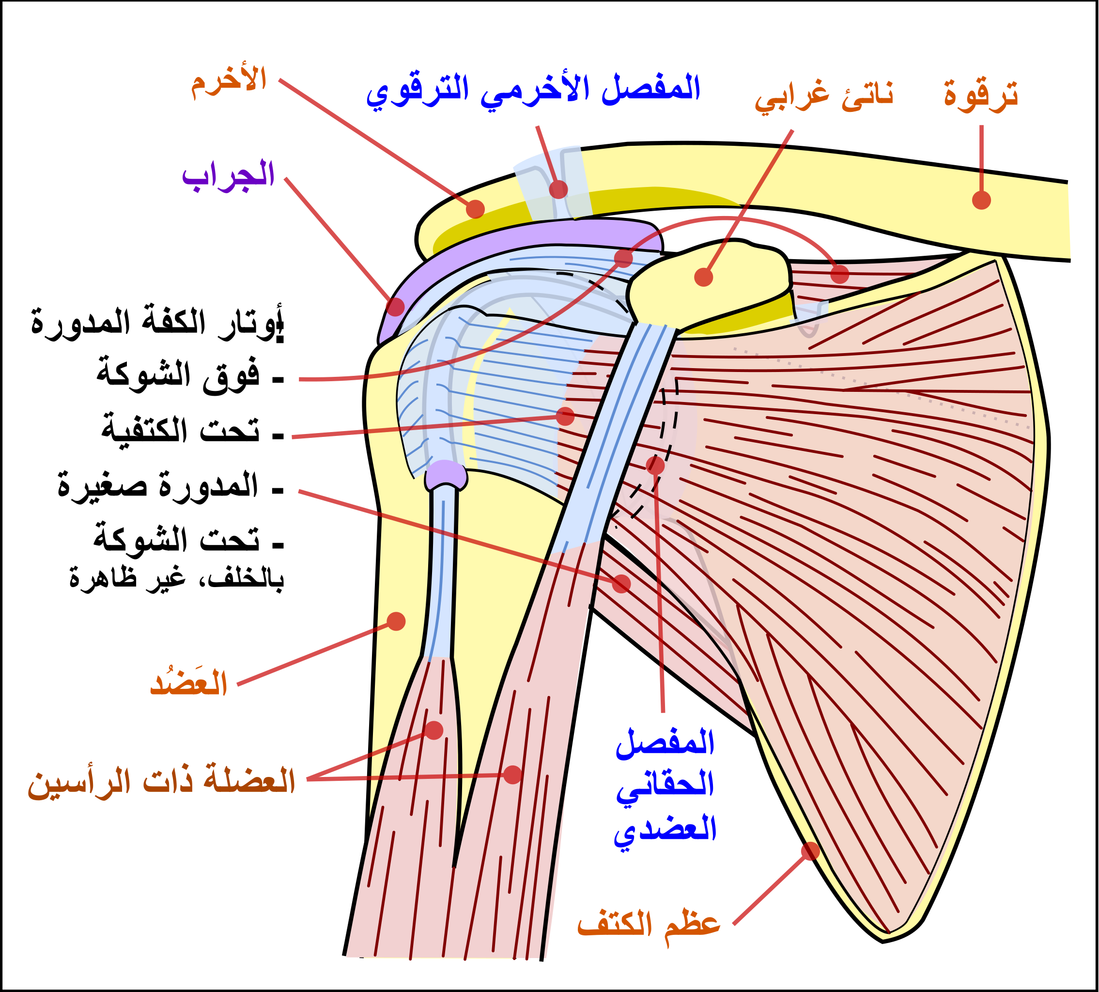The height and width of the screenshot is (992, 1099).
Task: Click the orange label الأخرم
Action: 229,83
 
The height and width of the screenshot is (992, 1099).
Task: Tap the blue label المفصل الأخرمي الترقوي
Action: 533,92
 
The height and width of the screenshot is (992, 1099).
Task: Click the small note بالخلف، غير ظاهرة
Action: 177,577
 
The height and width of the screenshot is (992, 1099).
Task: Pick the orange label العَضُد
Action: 188,682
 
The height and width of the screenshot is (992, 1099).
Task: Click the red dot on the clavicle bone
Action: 981,200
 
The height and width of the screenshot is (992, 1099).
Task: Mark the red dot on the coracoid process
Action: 704,277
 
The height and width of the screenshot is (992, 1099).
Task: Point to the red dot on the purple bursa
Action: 396,307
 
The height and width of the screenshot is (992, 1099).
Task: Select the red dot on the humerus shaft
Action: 396,621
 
